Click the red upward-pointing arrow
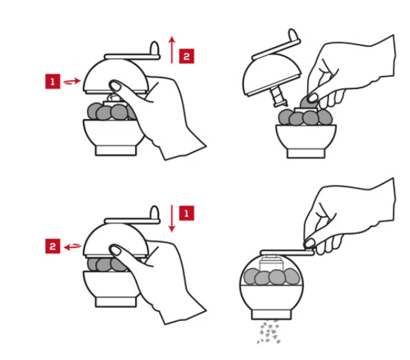click(172, 49)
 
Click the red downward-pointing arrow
click(172, 219)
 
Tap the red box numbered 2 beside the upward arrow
click(187, 56)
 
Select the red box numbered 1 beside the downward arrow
click(187, 213)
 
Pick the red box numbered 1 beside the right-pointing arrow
click(53, 81)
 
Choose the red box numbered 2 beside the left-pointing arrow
click(53, 246)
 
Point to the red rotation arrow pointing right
click(72, 81)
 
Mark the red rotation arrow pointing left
click(73, 246)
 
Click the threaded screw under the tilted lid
click(279, 97)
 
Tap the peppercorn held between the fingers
click(306, 103)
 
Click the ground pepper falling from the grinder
click(269, 332)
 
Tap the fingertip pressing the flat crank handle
click(310, 243)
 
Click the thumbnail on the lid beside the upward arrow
click(115, 86)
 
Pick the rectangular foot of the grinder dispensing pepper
click(271, 314)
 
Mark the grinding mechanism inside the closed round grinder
click(271, 264)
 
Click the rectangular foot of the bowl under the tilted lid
click(306, 153)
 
